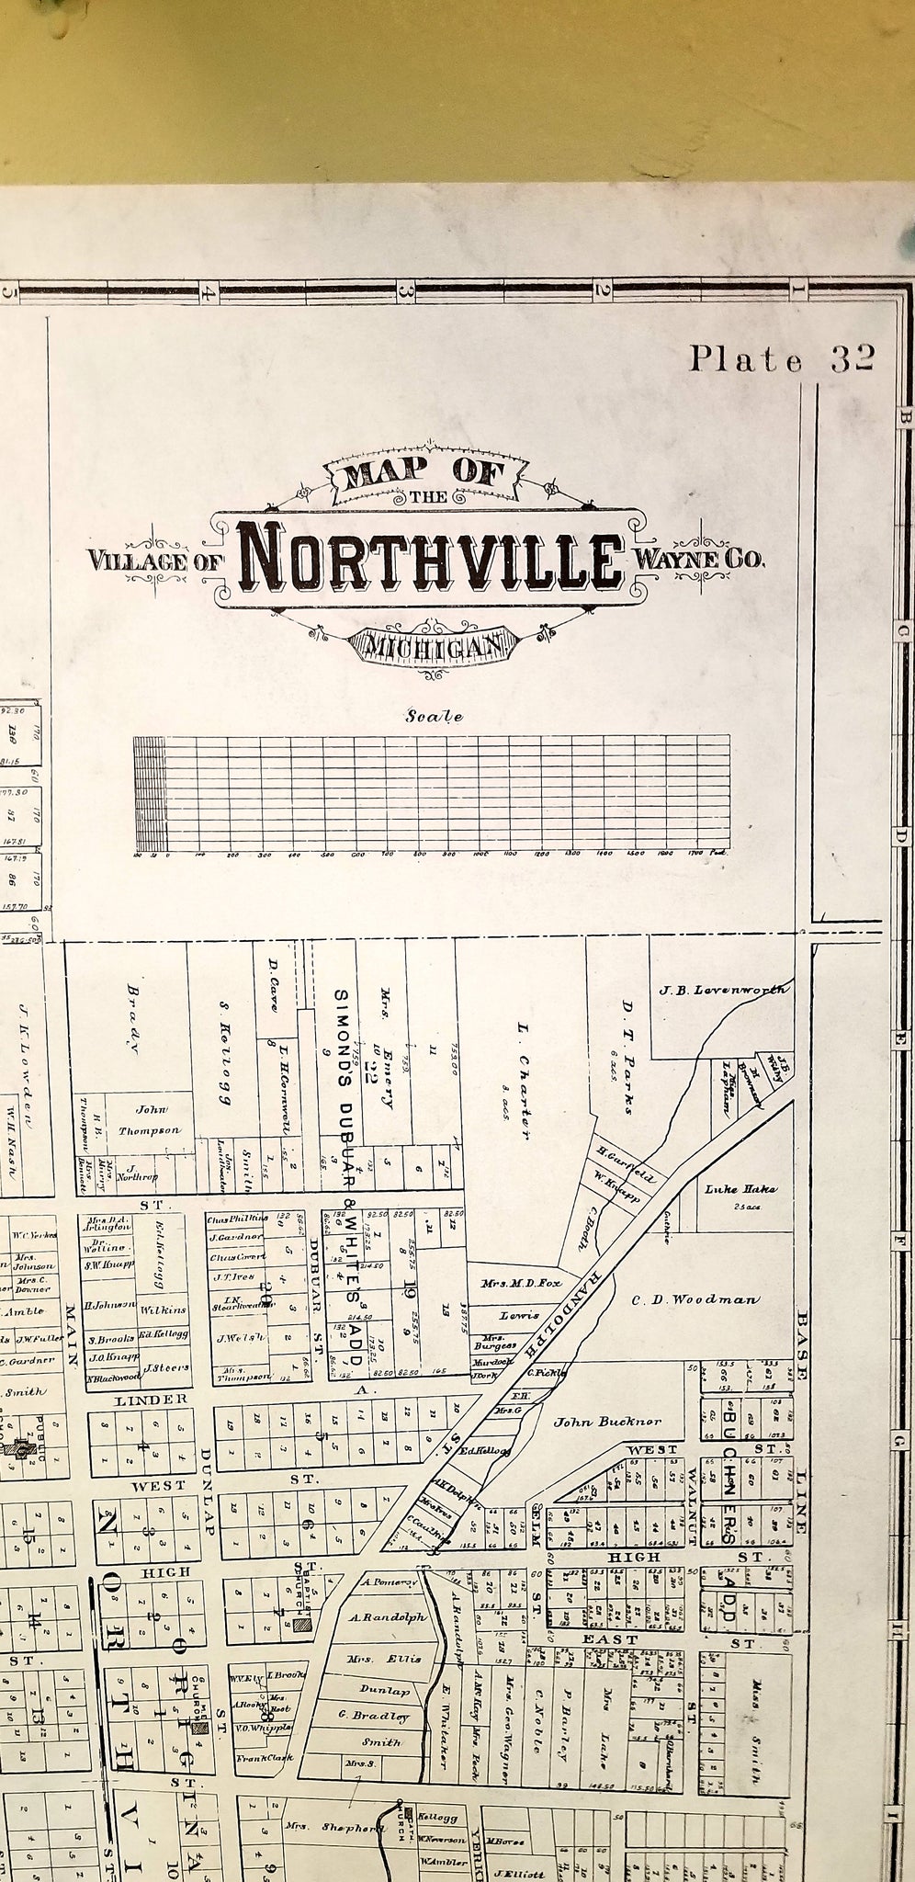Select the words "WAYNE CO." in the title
pyautogui.click(x=698, y=558)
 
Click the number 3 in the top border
pyautogui.click(x=402, y=291)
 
